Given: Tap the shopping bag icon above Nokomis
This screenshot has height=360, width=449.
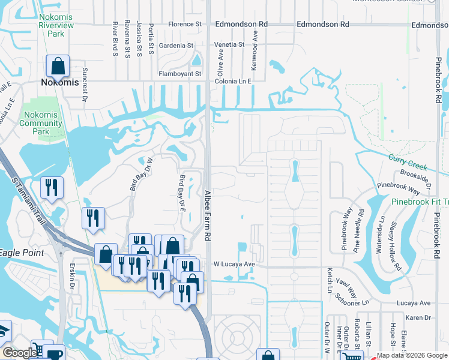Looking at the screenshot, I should [x=58, y=66].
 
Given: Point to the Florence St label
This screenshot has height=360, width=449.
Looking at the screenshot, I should [x=185, y=25].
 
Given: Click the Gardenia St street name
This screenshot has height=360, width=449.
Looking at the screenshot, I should [x=176, y=46].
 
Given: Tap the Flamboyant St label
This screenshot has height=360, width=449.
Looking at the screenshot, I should [x=180, y=73].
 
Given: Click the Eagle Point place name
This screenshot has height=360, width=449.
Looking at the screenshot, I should [x=22, y=253].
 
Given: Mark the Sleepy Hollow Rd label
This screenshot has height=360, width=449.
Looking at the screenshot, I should [x=394, y=246].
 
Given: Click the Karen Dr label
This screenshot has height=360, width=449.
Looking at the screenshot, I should [x=419, y=317].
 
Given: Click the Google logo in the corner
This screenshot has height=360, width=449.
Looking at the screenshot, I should [x=20, y=353].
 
